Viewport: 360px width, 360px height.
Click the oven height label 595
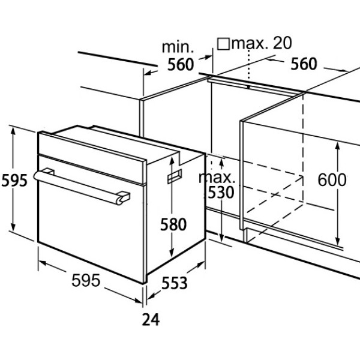[14, 181]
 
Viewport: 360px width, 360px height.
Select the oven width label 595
[86, 280]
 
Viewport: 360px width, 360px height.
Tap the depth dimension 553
[175, 283]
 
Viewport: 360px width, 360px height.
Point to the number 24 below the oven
[151, 319]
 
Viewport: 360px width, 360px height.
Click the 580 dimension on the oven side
[173, 224]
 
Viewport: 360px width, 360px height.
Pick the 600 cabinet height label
[332, 180]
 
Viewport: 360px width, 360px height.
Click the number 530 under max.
[220, 193]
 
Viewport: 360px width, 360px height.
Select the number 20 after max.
[283, 43]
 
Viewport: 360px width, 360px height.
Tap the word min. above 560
[178, 47]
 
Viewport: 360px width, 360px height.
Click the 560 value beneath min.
[181, 65]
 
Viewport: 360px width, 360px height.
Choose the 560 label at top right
[304, 64]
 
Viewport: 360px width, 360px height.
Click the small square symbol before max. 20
[223, 44]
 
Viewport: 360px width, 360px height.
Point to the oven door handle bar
[78, 187]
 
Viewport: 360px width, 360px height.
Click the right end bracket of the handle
[124, 197]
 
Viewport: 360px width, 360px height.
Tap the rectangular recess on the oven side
[175, 176]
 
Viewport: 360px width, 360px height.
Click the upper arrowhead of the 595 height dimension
[13, 130]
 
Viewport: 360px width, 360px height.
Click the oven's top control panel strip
[92, 158]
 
